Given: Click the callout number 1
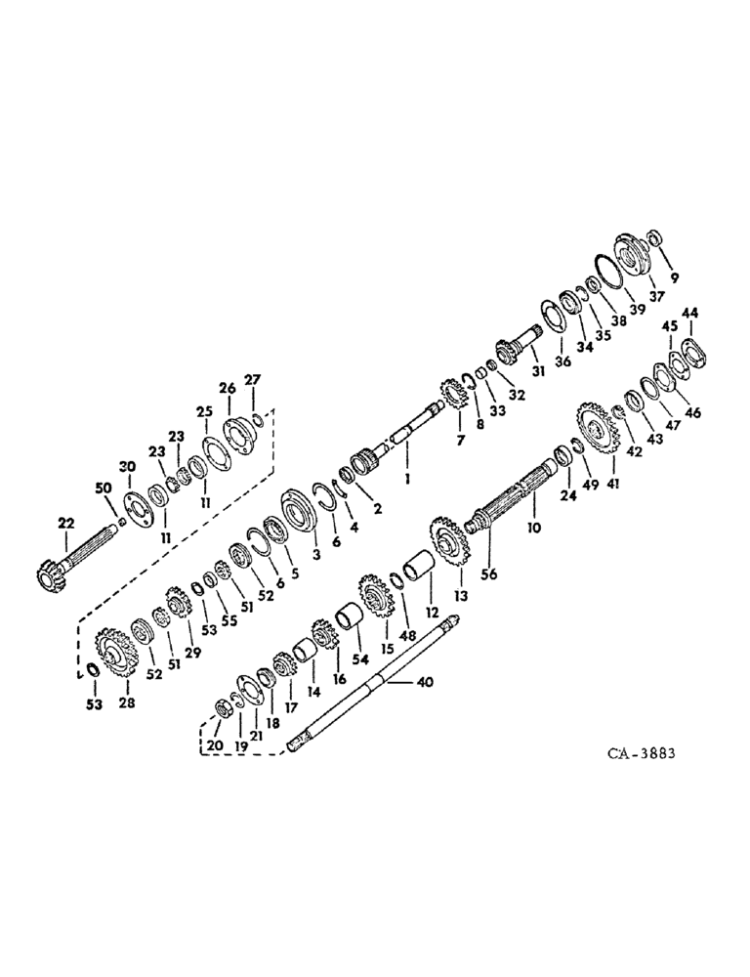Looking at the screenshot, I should [x=408, y=479].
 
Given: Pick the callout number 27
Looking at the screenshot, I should [x=252, y=379].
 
